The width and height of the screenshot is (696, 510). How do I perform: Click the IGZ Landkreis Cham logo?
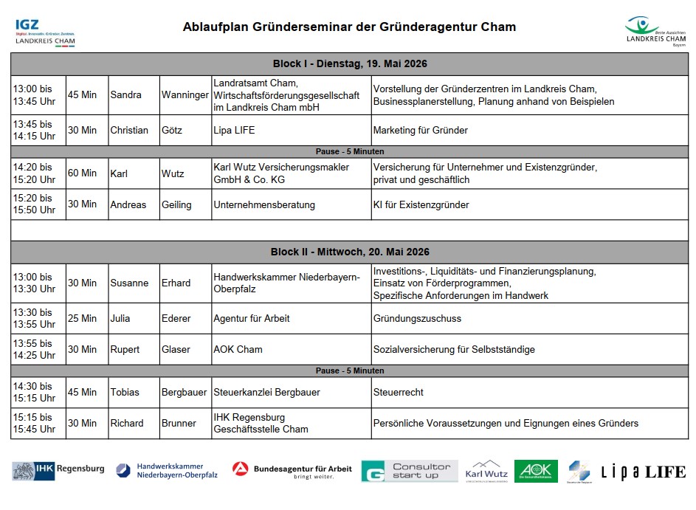pos(44,32)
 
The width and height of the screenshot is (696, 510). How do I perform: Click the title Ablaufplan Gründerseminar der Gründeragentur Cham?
pos(349,27)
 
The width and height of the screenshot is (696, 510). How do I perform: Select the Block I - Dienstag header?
pos(349,64)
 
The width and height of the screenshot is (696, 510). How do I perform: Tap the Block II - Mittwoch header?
pos(349,252)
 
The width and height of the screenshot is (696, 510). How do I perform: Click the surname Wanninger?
pos(185,95)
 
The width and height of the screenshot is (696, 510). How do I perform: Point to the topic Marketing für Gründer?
pos(421,131)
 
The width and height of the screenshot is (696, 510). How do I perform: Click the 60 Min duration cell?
pos(83,173)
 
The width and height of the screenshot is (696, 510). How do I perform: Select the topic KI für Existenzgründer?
pos(421,204)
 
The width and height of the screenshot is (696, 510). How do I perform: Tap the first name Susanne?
pos(129,283)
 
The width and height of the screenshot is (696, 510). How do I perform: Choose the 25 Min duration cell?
pos(83,319)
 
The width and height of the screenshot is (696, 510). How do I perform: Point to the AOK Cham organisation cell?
pos(238,349)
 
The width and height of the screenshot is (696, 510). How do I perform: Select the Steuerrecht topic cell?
pos(399,393)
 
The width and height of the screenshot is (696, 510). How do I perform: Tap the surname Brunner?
pos(179,424)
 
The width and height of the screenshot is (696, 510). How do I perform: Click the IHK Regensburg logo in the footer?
pos(58,470)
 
